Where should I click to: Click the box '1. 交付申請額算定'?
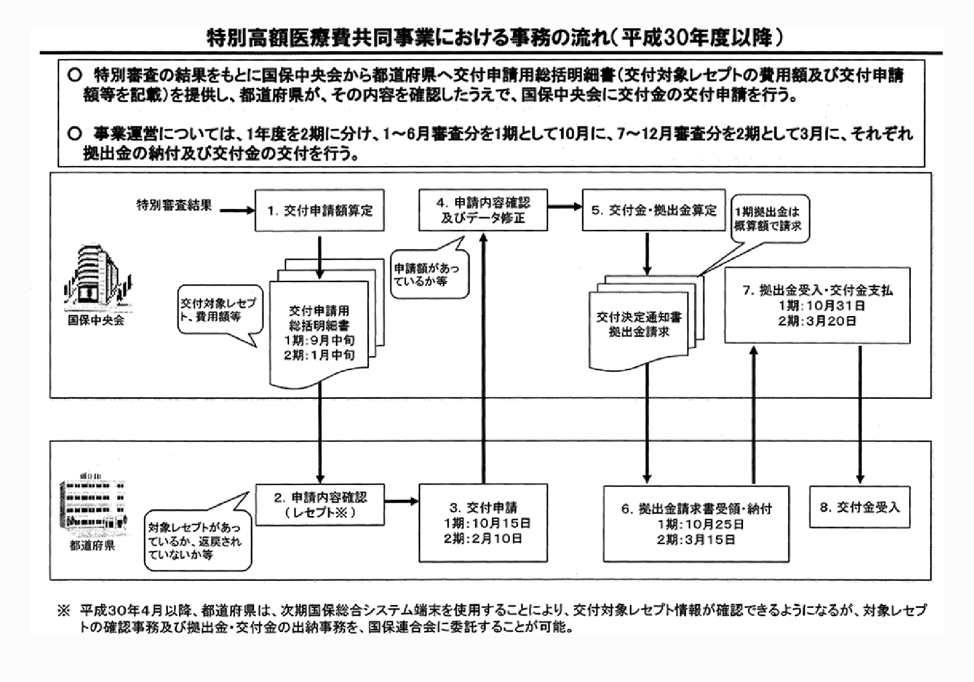click(x=319, y=211)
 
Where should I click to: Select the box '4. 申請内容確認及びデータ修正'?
click(x=483, y=210)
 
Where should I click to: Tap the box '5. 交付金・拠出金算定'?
click(x=653, y=211)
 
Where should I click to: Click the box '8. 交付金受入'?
click(x=860, y=507)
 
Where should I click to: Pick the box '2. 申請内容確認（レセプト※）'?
click(x=320, y=504)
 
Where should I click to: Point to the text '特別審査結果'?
click(x=174, y=205)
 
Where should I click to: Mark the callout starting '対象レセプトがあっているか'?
click(x=197, y=541)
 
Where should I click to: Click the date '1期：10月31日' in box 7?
click(x=817, y=306)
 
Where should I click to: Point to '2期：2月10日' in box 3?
click(x=483, y=538)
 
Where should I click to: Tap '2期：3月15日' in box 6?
click(x=696, y=539)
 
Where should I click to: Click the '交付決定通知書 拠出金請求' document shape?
click(x=639, y=326)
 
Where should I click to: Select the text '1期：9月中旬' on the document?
click(x=319, y=340)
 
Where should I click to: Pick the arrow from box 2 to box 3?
click(x=401, y=502)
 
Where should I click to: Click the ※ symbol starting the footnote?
click(x=64, y=610)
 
